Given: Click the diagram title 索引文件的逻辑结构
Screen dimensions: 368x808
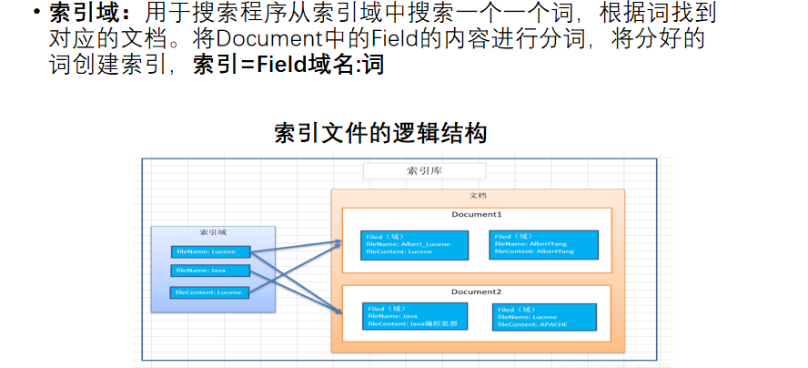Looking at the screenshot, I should click(x=380, y=133).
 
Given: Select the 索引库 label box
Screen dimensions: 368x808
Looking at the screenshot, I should click(x=424, y=171).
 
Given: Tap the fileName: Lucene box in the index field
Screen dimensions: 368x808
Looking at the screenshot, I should click(x=209, y=250).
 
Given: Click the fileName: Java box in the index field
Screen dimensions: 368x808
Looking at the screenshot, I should click(x=209, y=271).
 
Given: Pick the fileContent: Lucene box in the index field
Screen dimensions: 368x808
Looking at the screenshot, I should click(x=209, y=291).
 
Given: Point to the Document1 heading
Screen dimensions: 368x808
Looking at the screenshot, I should click(x=477, y=214).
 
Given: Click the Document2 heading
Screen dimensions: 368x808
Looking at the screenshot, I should click(x=477, y=291).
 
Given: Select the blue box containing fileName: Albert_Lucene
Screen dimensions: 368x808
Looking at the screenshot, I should click(x=415, y=244).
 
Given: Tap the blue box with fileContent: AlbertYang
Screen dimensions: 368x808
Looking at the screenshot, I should click(x=544, y=244).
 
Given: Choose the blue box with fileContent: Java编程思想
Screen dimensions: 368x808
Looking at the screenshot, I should click(x=415, y=316).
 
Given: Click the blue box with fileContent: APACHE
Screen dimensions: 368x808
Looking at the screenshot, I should click(x=544, y=316).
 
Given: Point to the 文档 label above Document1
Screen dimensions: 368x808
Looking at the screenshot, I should click(x=477, y=196).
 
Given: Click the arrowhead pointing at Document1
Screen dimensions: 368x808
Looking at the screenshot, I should click(x=337, y=241).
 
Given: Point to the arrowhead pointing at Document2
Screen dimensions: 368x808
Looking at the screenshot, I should click(x=338, y=312).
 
